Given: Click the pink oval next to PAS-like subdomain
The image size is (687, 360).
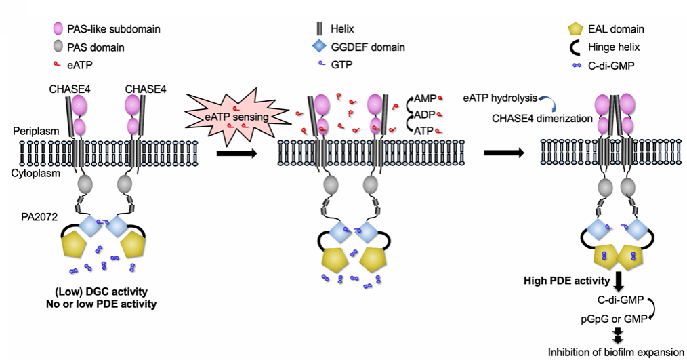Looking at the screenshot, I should [58, 30].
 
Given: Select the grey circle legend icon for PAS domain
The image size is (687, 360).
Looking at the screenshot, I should [58, 48].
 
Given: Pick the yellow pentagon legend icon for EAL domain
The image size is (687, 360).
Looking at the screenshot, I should [575, 30].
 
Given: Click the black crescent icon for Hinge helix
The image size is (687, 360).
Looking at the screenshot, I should [575, 48].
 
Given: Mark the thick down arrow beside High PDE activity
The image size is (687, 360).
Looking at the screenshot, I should [619, 279].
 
